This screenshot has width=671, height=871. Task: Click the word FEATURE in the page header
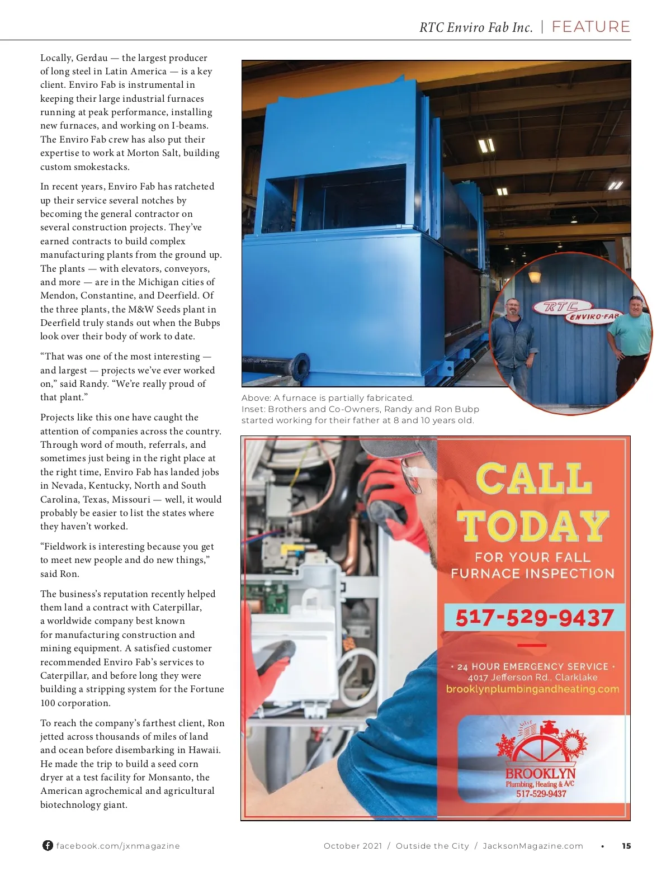point(590,27)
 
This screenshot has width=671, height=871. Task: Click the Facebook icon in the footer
point(48,845)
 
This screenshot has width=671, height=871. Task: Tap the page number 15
point(626,846)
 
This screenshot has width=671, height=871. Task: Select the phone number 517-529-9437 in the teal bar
point(534,618)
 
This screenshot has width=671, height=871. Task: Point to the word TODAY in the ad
point(532,526)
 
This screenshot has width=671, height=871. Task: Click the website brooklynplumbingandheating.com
point(532,689)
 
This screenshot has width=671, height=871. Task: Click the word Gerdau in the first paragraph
point(92,58)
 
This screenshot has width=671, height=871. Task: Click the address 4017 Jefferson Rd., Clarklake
point(532,677)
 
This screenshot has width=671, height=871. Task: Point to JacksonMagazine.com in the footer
point(532,846)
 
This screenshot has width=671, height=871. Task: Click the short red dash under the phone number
point(532,645)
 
